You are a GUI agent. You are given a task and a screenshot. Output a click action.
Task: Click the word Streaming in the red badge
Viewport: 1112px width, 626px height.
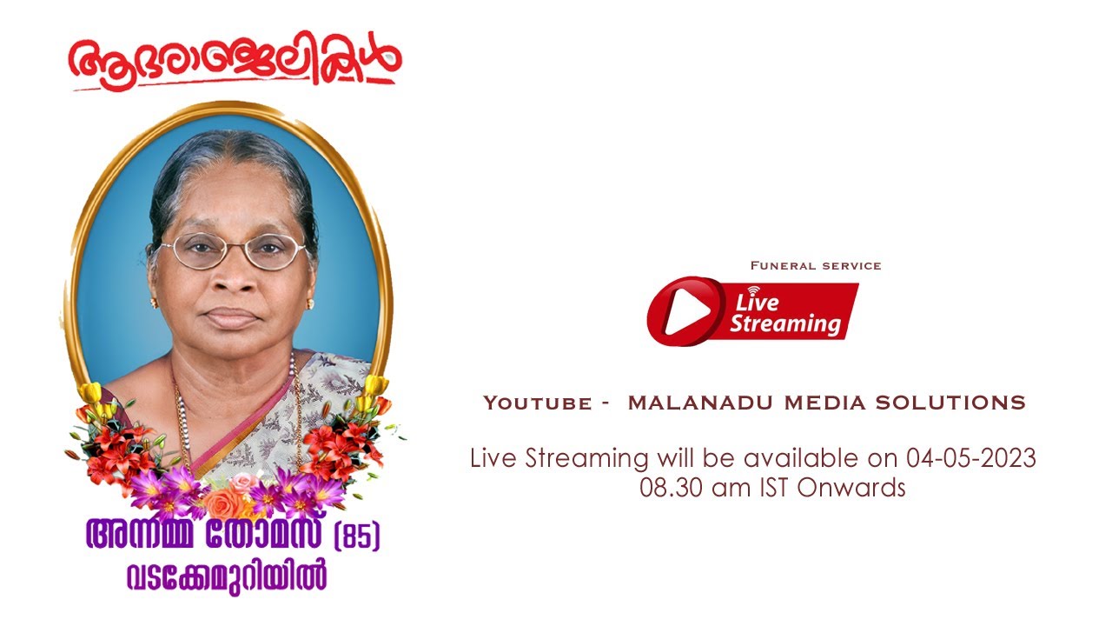[x=784, y=324]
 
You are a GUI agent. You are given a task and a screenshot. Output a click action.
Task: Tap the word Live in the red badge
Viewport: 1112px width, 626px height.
[x=758, y=303]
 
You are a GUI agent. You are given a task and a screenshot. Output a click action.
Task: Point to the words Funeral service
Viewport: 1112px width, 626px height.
[x=816, y=265]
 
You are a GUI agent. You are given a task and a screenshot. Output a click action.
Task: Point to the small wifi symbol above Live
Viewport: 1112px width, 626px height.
[x=753, y=290]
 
